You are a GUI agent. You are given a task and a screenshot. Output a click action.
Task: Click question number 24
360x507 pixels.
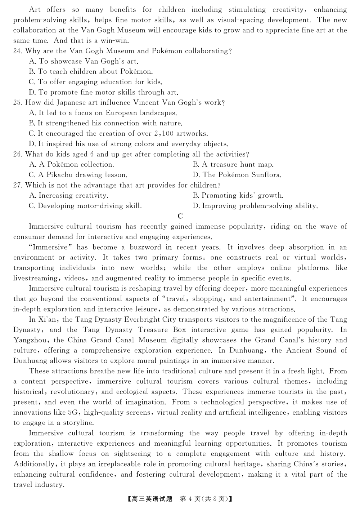(18, 51)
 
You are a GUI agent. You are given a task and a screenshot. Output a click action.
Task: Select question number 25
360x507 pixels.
(18, 103)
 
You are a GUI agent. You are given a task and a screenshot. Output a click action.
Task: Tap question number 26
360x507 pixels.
(18, 154)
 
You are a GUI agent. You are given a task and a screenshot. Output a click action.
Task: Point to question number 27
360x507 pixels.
(18, 185)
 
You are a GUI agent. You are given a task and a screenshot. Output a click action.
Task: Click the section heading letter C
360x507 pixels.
(180, 216)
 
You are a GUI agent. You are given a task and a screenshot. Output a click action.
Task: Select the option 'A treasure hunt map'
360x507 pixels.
(233, 165)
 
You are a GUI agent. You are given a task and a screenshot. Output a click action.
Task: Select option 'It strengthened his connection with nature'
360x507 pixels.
(105, 123)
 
